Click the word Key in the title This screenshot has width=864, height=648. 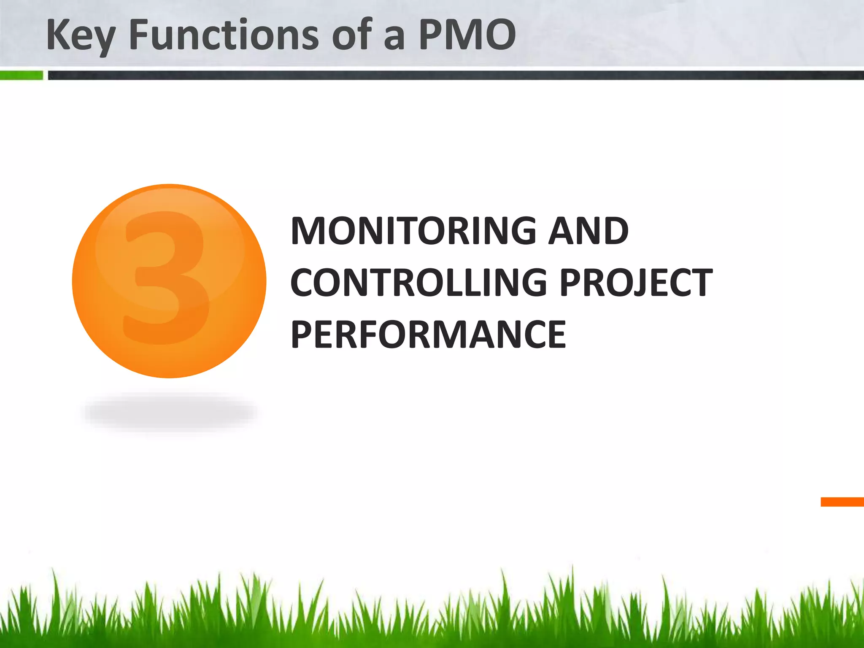(80, 36)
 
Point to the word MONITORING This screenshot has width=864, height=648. (413, 231)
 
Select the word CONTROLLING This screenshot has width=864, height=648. (418, 283)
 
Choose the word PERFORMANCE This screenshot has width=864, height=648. (428, 335)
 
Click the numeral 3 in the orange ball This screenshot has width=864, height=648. (167, 278)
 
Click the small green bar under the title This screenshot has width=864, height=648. (21, 76)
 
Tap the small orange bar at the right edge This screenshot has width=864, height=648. (842, 502)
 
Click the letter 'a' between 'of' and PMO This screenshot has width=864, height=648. (394, 38)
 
